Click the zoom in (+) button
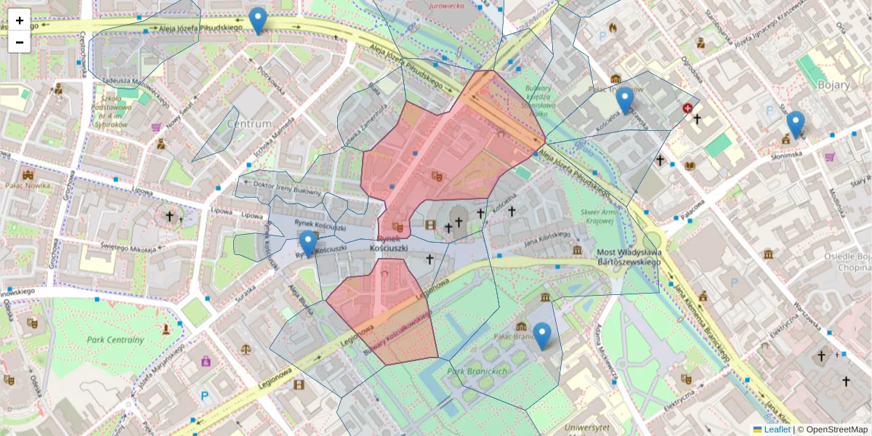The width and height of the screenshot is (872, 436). (20, 20)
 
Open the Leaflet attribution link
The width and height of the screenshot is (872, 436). (777, 429)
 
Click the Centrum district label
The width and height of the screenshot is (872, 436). (249, 124)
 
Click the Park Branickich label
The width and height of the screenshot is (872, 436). (477, 371)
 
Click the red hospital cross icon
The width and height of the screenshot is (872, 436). (687, 108)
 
